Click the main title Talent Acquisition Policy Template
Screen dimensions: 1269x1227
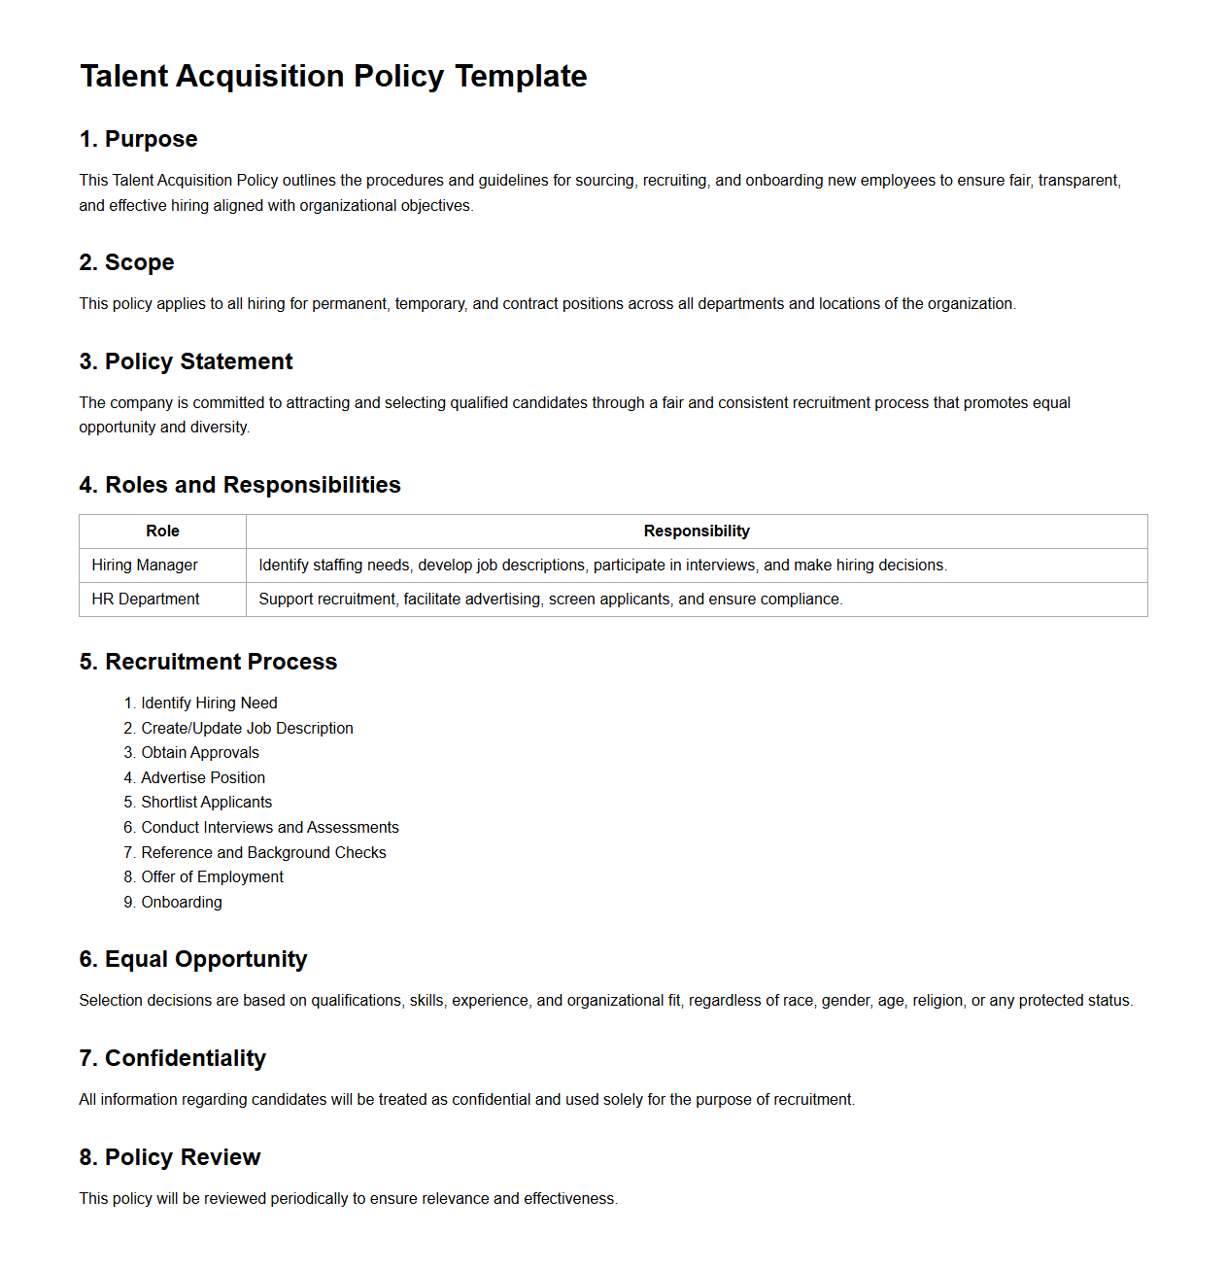point(333,76)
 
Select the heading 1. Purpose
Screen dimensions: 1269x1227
point(138,139)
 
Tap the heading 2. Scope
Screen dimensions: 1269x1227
point(126,262)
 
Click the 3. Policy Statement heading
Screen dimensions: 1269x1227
point(186,361)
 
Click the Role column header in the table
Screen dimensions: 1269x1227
point(162,532)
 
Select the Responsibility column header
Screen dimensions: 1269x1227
point(697,532)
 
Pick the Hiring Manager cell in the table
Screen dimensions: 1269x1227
point(145,566)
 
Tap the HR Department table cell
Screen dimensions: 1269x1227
point(146,600)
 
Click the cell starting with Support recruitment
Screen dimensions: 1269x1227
point(550,600)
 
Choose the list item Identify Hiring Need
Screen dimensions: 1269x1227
point(209,703)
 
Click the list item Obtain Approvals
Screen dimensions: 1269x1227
point(200,753)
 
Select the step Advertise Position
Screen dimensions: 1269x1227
point(203,778)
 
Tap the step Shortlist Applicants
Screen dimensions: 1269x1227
point(206,803)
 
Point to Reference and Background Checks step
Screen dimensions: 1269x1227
point(263,853)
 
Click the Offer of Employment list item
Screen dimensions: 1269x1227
point(212,877)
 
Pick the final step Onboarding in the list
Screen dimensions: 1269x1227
point(182,903)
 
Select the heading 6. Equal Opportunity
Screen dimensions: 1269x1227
point(192,959)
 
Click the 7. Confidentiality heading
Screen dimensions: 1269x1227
point(172,1058)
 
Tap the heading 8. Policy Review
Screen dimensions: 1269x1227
point(170,1157)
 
